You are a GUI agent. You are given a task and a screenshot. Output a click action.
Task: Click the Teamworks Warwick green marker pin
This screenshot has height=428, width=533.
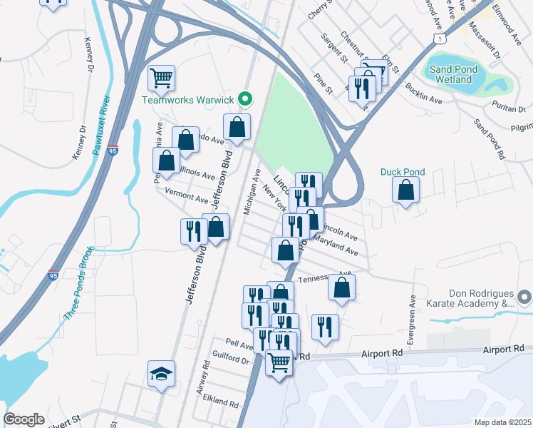[x=244, y=99]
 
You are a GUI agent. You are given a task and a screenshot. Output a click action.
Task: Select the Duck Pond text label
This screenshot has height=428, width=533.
[x=402, y=172]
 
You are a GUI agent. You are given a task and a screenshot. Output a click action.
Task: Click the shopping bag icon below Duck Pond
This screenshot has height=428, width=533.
[x=405, y=190]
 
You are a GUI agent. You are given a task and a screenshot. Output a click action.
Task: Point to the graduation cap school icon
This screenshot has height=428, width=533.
[x=161, y=373]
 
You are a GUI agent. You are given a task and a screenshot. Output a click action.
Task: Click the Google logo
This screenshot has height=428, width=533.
[x=24, y=419]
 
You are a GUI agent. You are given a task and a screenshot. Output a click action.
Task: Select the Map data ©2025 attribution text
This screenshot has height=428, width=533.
[x=503, y=422]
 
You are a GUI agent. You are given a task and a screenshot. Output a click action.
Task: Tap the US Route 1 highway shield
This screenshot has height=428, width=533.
[x=442, y=36]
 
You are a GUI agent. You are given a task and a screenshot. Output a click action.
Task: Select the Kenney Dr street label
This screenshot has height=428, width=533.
[x=90, y=56]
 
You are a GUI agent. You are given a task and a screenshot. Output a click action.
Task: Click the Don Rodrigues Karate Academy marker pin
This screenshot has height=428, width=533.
[x=525, y=295]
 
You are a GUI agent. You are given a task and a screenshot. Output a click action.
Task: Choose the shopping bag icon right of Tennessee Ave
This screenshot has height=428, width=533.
[x=342, y=287]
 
